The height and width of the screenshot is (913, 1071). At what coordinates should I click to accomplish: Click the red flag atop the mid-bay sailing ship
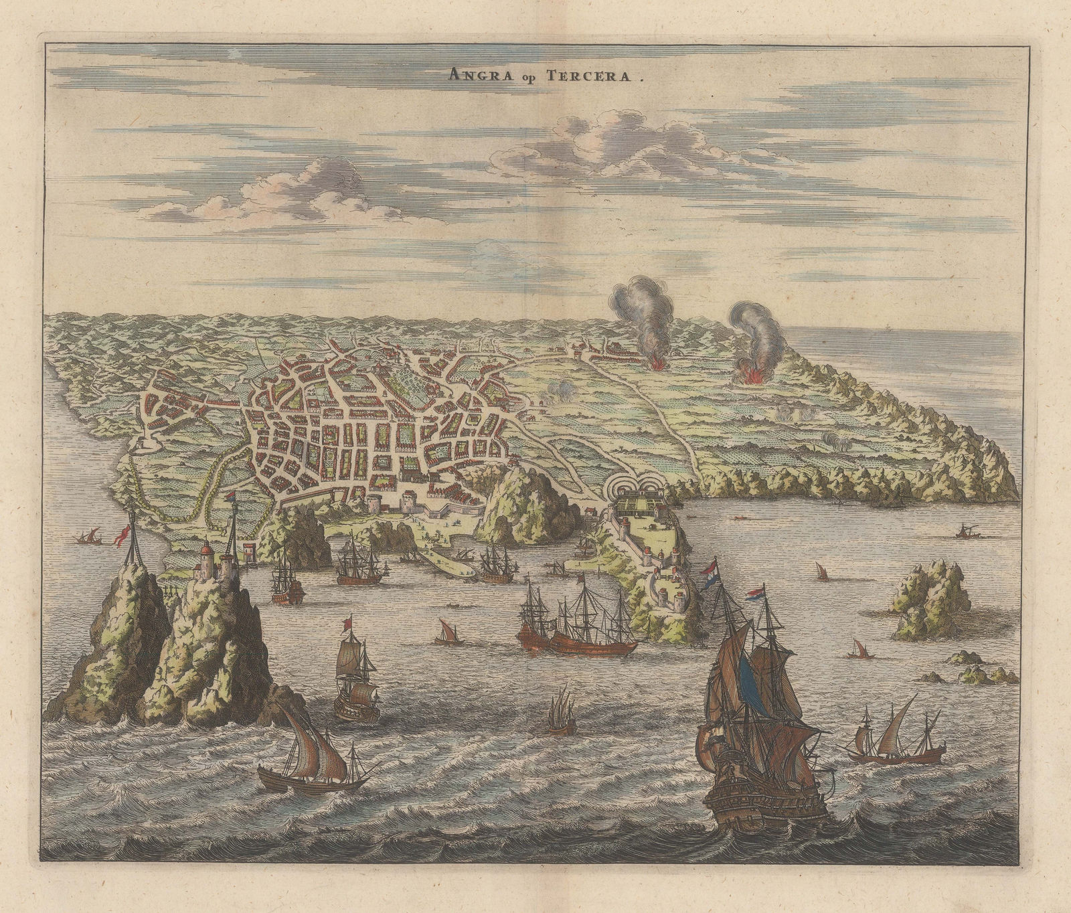click(347, 624)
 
